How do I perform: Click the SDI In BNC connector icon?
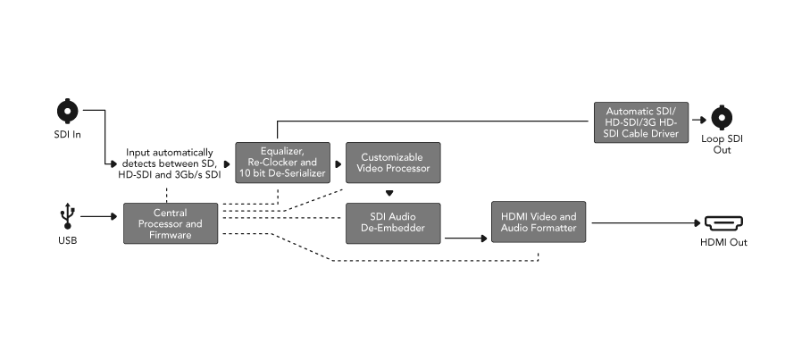67,112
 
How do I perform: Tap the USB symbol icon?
67,215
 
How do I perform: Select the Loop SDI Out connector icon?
722,117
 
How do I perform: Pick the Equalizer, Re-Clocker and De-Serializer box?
282,163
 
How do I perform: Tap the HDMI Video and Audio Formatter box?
538,222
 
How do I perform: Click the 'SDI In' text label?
67,134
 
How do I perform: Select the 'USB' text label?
67,241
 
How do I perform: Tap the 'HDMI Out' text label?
723,242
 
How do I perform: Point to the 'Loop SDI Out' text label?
722,145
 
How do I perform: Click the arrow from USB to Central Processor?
100,216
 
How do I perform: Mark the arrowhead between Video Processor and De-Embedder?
389,193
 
